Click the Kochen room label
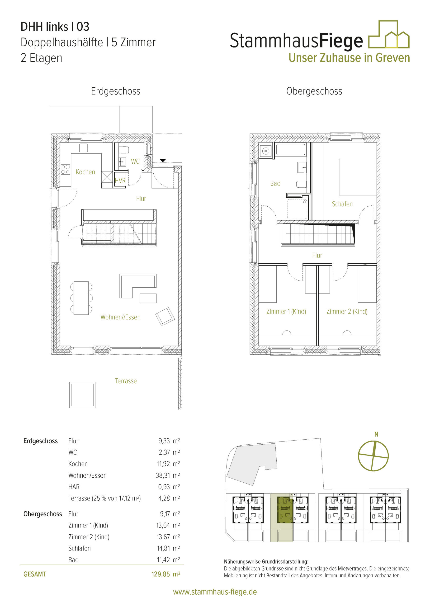click(x=85, y=172)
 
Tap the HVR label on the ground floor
click(x=120, y=180)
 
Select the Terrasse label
click(x=126, y=381)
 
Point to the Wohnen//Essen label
click(x=120, y=317)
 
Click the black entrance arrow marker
click(x=163, y=161)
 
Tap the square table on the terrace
click(x=82, y=395)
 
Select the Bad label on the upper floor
click(x=275, y=183)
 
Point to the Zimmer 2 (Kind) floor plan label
click(x=347, y=311)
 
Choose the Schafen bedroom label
click(x=342, y=204)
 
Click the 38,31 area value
click(x=163, y=475)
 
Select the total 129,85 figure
click(x=161, y=574)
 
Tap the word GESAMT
click(x=35, y=574)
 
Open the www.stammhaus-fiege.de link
click(x=215, y=592)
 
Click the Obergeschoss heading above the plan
click(x=314, y=91)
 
